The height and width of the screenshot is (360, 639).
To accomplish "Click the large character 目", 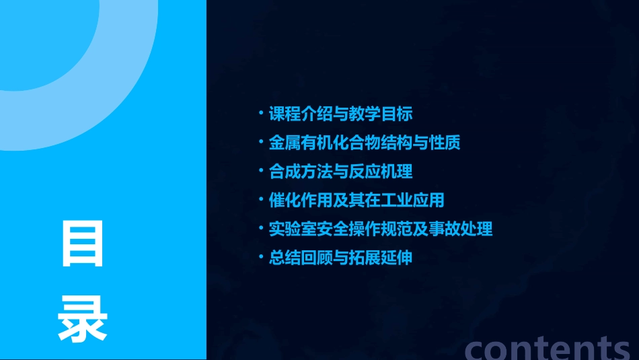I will pos(83,243).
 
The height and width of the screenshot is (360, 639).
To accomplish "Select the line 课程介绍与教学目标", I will pos(340,114).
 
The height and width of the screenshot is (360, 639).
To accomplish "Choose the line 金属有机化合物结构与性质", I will pos(364,143).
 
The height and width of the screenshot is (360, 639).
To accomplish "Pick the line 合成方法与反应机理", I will pos(340,172).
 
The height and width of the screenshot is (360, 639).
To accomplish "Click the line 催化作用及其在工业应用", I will pos(356,200).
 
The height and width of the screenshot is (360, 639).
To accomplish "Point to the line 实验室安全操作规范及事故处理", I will pos(380,229).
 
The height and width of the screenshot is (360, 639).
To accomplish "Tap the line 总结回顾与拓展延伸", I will pos(340,258).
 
